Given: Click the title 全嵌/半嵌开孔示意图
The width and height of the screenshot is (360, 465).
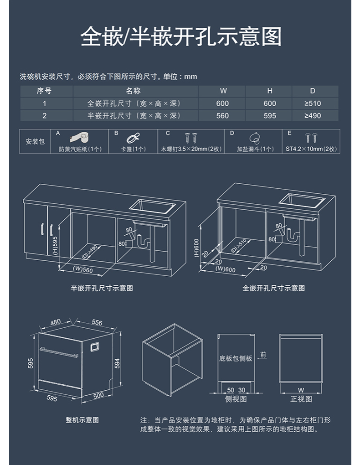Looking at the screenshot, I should pos(180,36).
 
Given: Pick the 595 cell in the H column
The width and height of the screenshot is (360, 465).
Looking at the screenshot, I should pos(270,116).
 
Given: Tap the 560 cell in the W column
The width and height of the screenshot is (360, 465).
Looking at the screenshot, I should pos(222,116).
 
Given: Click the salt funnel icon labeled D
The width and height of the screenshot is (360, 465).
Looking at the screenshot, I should pos(255,138).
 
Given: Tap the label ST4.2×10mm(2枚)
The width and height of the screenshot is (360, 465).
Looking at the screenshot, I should pos(311,149).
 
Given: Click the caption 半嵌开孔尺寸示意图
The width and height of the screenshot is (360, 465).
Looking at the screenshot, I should pos(102,288).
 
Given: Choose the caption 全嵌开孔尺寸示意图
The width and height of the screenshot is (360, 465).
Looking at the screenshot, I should pos(273,288).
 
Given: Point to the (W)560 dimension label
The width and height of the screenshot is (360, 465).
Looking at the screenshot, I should pos(82,270).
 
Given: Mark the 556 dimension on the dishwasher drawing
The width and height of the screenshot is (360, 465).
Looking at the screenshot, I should pos(97,323).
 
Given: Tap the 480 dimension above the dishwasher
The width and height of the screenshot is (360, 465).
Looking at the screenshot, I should pos(55,322).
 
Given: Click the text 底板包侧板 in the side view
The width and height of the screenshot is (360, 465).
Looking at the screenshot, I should pos(235,358).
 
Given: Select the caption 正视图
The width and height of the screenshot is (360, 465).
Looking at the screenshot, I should pos(301,399).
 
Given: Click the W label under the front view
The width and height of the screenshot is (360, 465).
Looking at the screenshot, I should pos(300,390).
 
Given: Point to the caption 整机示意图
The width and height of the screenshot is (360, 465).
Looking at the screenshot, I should pos(82,420).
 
